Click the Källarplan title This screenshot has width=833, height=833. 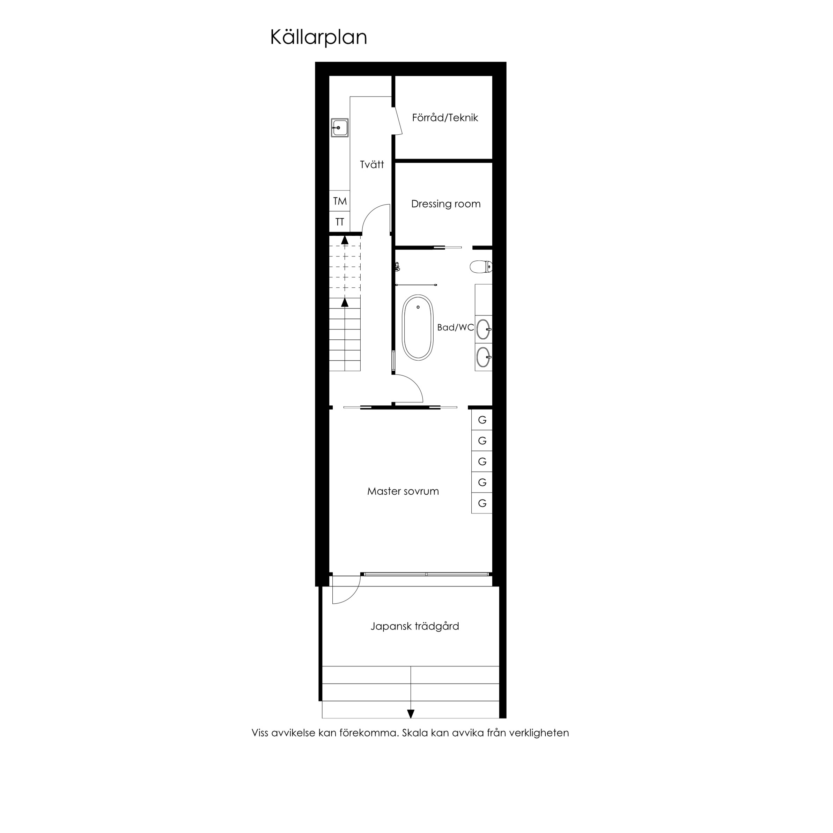point(319,37)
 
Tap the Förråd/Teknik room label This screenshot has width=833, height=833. point(445,118)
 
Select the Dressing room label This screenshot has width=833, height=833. point(446,204)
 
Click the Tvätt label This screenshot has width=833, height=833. point(372,164)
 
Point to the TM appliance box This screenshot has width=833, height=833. point(340,201)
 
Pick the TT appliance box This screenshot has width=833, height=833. point(340,222)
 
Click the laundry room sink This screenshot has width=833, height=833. point(340,128)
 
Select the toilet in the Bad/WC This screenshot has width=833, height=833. point(481,267)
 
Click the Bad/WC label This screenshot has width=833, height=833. point(455,327)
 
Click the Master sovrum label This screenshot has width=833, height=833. point(403,491)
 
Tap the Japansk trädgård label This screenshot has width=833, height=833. point(415,626)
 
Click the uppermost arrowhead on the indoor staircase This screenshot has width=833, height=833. point(345,240)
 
